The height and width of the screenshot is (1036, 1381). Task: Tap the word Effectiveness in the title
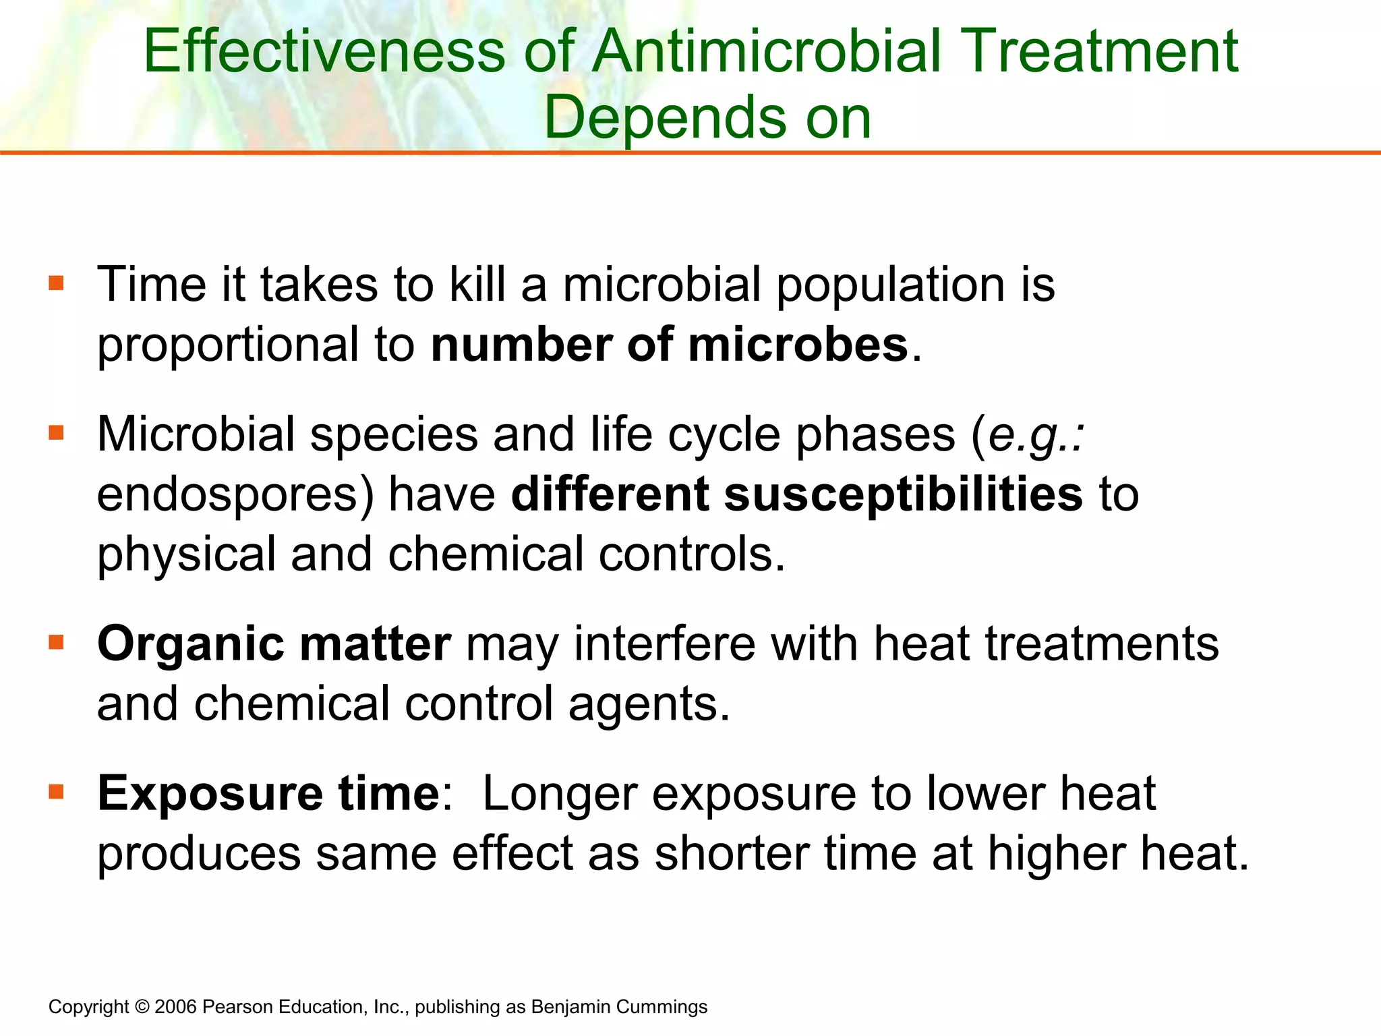(x=324, y=52)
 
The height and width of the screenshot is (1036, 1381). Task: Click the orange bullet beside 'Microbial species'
(x=56, y=432)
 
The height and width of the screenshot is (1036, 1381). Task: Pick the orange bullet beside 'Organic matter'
(x=56, y=641)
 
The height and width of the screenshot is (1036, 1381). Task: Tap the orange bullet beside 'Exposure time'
(x=56, y=791)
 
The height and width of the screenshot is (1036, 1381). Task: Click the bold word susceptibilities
(x=904, y=494)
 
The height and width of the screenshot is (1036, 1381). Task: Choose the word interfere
(x=665, y=644)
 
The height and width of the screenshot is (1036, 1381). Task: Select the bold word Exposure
(x=210, y=795)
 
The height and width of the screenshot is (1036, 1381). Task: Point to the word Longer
(x=560, y=795)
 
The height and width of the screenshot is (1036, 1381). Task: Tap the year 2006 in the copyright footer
(x=175, y=1007)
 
